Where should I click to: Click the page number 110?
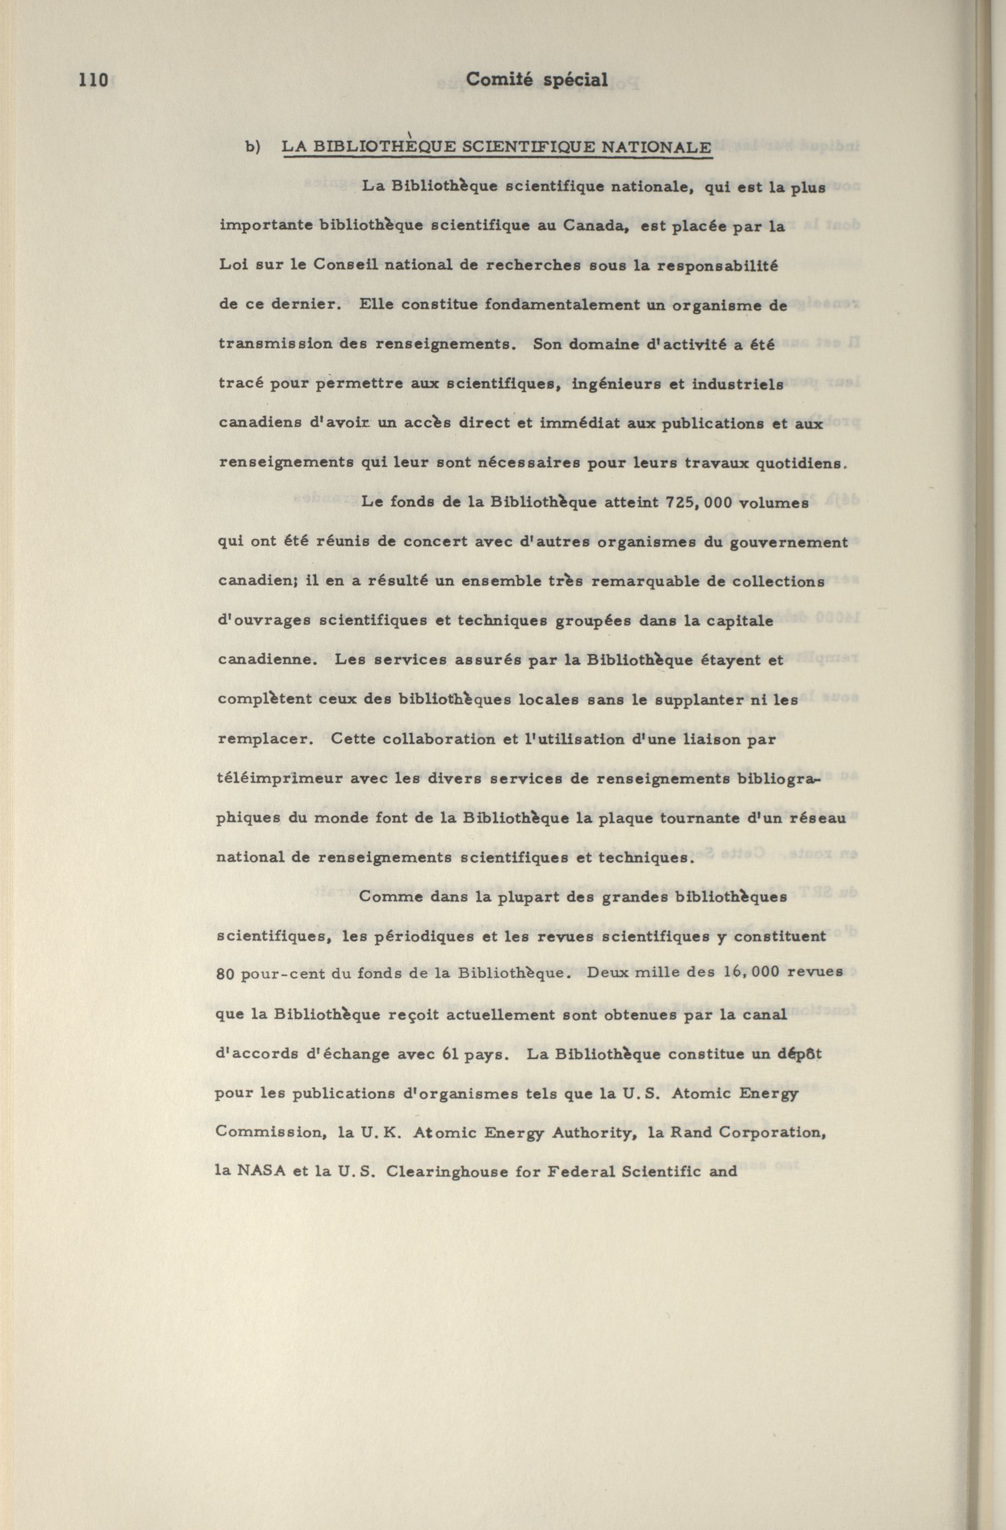click(93, 80)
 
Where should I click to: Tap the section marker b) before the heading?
click(252, 147)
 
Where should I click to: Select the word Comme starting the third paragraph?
click(390, 897)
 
